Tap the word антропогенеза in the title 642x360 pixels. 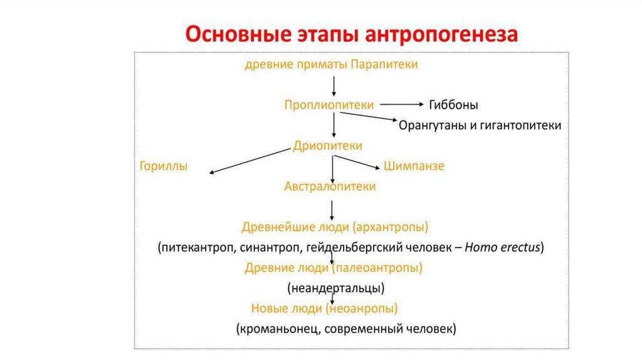(x=445, y=34)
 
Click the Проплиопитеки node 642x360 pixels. (x=329, y=105)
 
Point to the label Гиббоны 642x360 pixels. (x=453, y=105)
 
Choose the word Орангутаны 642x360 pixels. (x=432, y=125)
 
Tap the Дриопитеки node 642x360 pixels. (x=328, y=146)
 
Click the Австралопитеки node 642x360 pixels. (x=330, y=186)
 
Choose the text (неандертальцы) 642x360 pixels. (x=336, y=289)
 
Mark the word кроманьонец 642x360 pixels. (x=276, y=329)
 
